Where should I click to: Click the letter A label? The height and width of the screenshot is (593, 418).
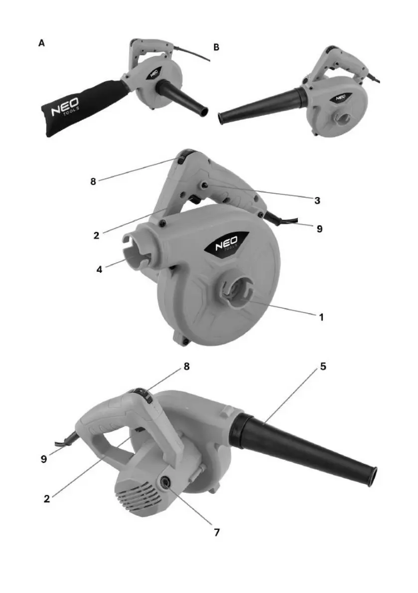[x=42, y=43]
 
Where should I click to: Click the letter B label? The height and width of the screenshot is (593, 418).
[x=216, y=47]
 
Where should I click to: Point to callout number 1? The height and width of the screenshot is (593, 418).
[x=321, y=317]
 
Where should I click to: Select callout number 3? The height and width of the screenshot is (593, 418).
[x=317, y=200]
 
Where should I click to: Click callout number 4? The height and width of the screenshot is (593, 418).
[x=99, y=270]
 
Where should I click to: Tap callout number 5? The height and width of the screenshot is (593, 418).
[x=323, y=366]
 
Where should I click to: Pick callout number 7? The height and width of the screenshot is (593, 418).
[x=217, y=532]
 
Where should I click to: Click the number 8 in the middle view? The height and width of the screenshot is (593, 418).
[x=93, y=182]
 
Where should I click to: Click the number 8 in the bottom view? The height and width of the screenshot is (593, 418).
[x=186, y=366]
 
